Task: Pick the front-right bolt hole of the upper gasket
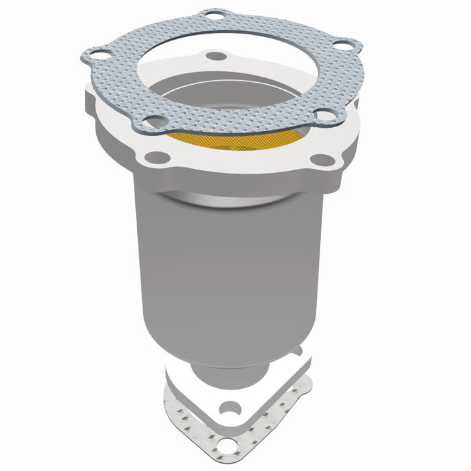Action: pyautogui.click(x=326, y=116)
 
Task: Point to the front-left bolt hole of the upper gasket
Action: pyautogui.click(x=156, y=122)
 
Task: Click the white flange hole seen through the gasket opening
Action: pyautogui.click(x=215, y=56)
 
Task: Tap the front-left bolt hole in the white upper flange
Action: pyautogui.click(x=157, y=157)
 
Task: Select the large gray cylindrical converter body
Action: pyautogui.click(x=229, y=269)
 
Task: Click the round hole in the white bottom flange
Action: pyautogui.click(x=231, y=408)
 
